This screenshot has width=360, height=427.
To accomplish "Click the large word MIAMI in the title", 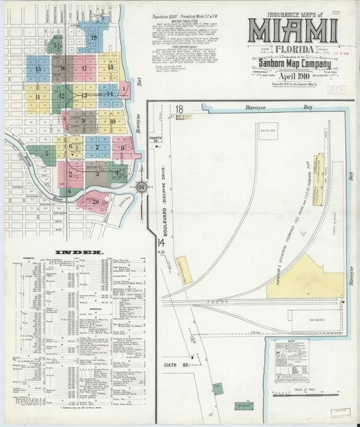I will [x=292, y=31].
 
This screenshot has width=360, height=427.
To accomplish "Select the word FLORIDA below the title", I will [x=292, y=50].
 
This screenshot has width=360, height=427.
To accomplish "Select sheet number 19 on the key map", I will [x=94, y=37].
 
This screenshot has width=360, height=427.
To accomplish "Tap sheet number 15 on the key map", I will [x=38, y=68].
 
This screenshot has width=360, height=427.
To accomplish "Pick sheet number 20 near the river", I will [x=95, y=201].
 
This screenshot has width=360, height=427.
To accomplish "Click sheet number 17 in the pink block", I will [x=84, y=68].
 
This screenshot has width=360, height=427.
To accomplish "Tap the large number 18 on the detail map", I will [x=180, y=108].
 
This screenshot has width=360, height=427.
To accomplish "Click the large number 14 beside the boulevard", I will [x=161, y=243].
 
